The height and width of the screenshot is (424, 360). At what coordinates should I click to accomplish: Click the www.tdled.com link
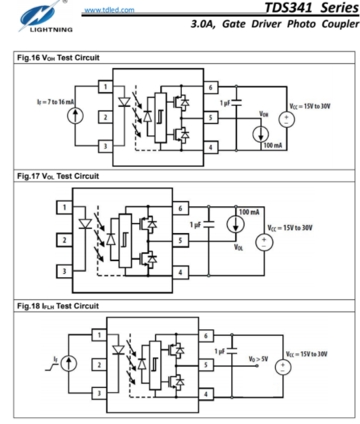pyautogui.click(x=110, y=10)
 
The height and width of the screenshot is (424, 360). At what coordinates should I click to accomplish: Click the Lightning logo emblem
pyautogui.click(x=41, y=15)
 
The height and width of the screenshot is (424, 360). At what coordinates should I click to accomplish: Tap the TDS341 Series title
pyautogui.click(x=312, y=7)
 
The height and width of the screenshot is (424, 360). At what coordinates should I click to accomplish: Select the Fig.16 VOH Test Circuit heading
pyautogui.click(x=58, y=57)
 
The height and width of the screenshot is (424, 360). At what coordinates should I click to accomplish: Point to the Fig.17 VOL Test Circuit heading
pyautogui.click(x=58, y=176)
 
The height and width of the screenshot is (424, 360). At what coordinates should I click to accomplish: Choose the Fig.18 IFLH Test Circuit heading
pyautogui.click(x=58, y=306)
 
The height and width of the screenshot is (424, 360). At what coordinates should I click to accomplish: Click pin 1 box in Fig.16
pyautogui.click(x=106, y=87)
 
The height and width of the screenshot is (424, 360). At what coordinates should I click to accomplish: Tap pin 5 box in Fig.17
pyautogui.click(x=180, y=240)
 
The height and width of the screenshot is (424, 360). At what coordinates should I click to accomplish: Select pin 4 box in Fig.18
pyautogui.click(x=206, y=394)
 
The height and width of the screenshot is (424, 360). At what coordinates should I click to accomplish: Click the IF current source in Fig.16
pyautogui.click(x=75, y=116)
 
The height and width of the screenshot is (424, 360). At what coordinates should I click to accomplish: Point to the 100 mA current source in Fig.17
pyautogui.click(x=236, y=224)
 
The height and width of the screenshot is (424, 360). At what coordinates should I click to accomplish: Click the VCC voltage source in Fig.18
pyautogui.click(x=283, y=367)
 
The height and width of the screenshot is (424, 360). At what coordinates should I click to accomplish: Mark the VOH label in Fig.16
pyautogui.click(x=264, y=114)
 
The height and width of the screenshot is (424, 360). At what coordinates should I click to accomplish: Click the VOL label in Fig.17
pyautogui.click(x=238, y=247)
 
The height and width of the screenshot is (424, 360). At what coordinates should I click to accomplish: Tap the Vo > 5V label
pyautogui.click(x=258, y=359)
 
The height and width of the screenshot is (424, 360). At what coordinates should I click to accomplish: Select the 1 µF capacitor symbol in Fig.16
pyautogui.click(x=236, y=102)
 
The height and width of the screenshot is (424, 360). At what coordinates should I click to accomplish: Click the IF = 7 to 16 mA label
pyautogui.click(x=55, y=102)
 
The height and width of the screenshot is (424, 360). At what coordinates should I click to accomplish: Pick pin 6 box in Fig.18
pyautogui.click(x=206, y=336)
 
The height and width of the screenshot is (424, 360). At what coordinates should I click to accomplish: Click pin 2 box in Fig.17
pyautogui.click(x=64, y=240)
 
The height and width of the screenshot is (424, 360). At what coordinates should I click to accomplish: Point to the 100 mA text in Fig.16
pyautogui.click(x=273, y=146)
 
